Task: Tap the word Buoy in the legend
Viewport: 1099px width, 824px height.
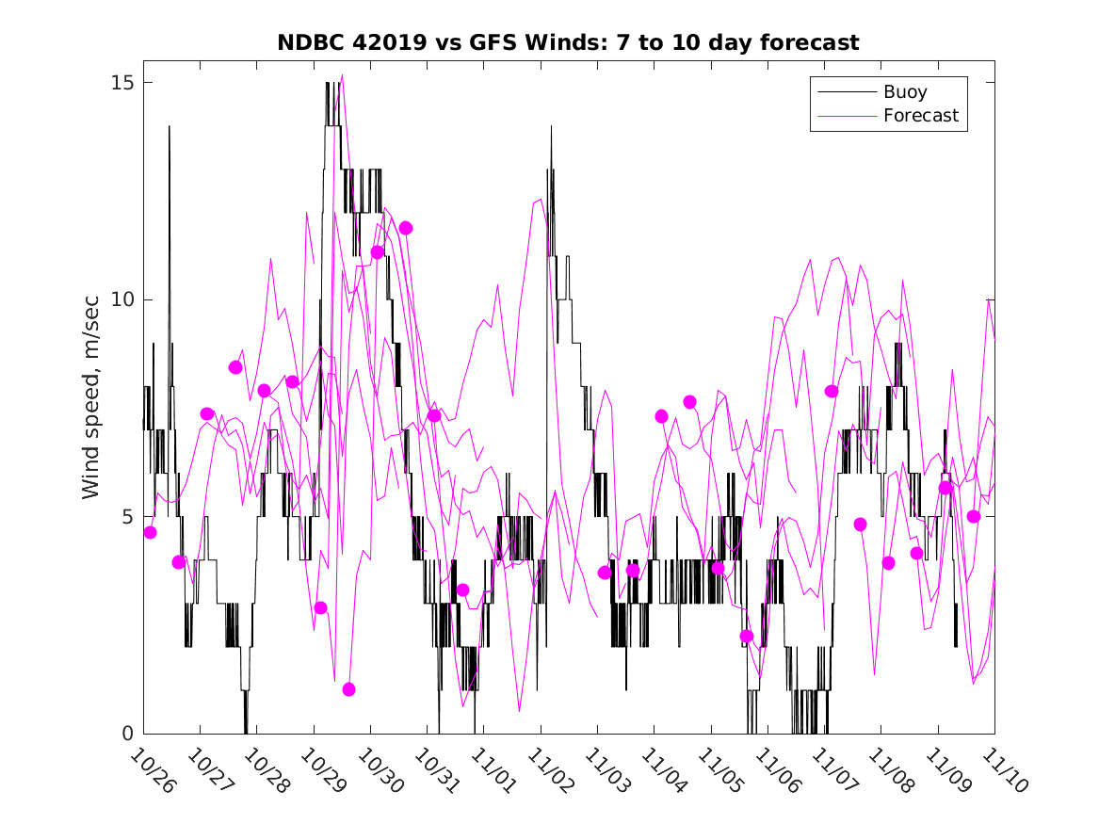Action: click(x=904, y=92)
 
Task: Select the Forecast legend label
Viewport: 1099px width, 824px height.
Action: click(x=920, y=116)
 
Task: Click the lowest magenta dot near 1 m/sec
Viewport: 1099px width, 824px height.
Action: click(x=348, y=689)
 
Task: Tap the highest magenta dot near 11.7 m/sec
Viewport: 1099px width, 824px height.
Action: click(x=406, y=228)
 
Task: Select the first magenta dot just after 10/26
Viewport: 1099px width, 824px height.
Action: click(x=151, y=532)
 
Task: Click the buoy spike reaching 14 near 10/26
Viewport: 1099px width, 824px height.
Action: click(x=170, y=127)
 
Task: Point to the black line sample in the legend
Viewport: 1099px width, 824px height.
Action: click(x=846, y=92)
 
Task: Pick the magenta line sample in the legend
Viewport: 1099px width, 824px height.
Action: click(x=846, y=116)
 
